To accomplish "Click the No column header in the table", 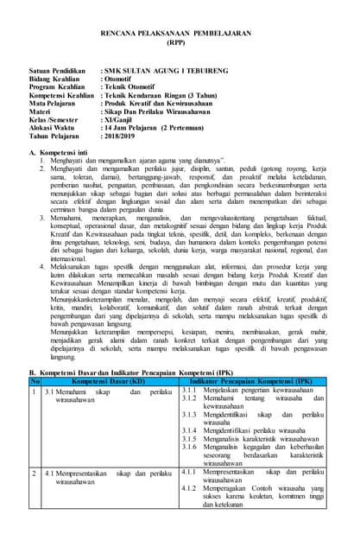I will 35,380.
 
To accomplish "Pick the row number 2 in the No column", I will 35,474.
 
